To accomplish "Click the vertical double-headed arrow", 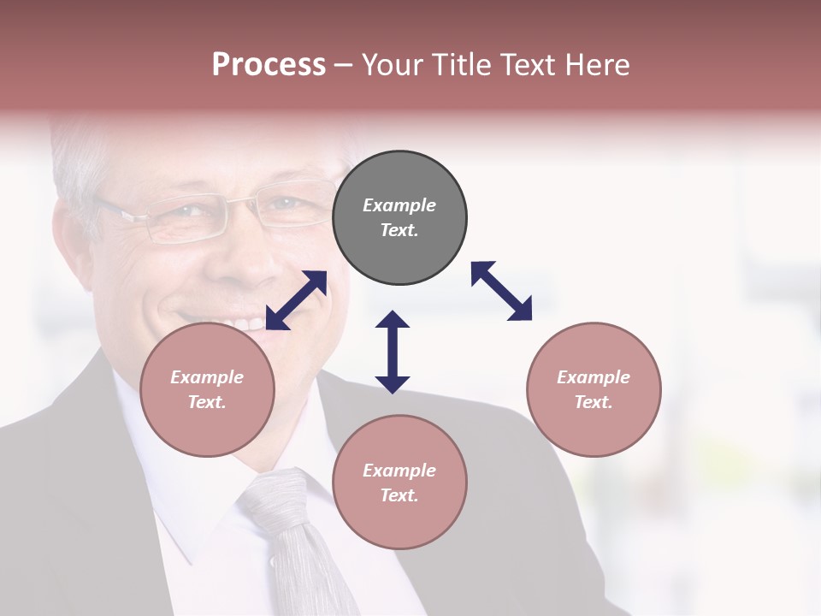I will click(x=393, y=352).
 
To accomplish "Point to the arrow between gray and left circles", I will click(x=296, y=300).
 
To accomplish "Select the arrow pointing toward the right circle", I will click(x=501, y=291).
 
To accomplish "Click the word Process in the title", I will click(x=269, y=64).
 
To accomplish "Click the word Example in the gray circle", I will click(x=399, y=205).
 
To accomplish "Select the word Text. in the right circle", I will click(x=594, y=402).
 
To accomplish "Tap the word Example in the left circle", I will click(x=207, y=377).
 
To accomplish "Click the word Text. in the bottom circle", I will click(x=399, y=495).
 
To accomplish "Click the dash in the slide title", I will click(x=344, y=65).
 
